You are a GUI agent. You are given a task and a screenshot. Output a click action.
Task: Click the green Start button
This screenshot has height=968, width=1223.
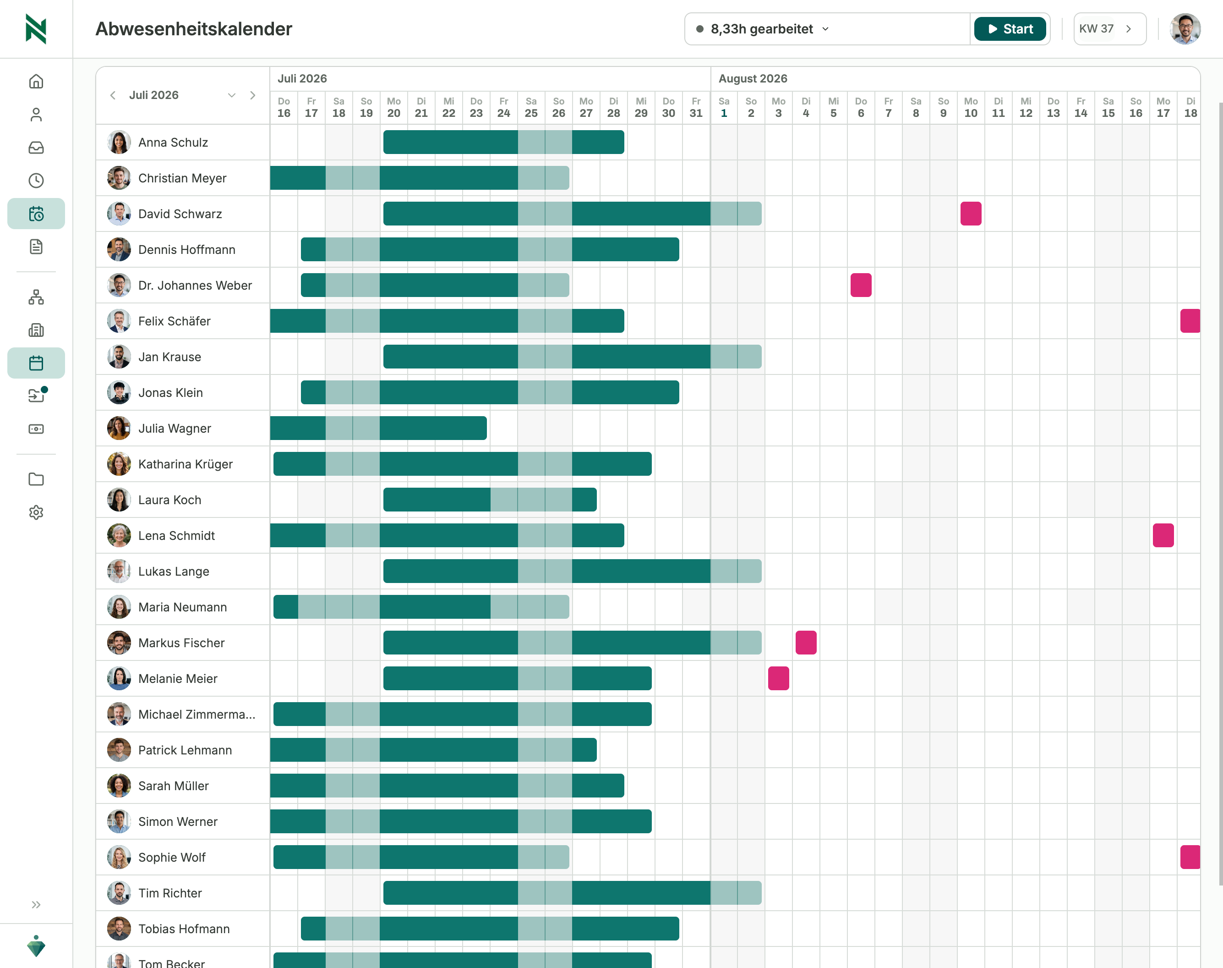point(1010,29)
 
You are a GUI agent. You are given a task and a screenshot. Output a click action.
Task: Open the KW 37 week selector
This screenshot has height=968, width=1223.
point(1109,29)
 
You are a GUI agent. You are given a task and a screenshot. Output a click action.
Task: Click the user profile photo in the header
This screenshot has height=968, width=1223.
point(1185,29)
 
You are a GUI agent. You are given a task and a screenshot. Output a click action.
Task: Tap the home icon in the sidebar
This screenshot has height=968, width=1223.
point(36,82)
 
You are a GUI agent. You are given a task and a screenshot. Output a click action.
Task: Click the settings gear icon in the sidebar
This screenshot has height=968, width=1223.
point(36,512)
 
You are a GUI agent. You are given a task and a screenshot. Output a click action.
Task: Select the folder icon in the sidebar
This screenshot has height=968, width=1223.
point(36,479)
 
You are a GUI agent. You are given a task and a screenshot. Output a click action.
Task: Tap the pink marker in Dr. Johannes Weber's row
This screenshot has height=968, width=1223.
point(861,285)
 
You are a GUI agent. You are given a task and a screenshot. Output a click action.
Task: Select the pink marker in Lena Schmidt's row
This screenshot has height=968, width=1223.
point(1163,536)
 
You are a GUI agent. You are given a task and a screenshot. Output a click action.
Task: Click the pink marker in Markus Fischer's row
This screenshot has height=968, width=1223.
point(806,643)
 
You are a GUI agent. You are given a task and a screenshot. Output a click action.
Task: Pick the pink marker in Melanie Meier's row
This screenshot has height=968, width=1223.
point(778,678)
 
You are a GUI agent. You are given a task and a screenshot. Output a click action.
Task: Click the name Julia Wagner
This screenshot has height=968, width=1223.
point(175,429)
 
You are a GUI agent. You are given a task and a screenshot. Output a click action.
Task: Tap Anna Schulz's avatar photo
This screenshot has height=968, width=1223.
point(119,142)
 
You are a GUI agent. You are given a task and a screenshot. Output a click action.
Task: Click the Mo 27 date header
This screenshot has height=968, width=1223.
point(586,108)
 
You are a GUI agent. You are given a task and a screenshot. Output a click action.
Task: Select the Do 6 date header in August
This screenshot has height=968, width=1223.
point(861,108)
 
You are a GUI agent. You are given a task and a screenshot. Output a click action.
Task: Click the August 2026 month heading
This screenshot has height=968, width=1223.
point(753,79)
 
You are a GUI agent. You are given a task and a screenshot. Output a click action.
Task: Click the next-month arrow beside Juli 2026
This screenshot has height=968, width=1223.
point(253,95)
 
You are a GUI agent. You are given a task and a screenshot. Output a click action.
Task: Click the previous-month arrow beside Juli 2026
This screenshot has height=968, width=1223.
point(113,95)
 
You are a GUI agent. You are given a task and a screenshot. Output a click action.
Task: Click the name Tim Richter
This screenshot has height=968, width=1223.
point(170,893)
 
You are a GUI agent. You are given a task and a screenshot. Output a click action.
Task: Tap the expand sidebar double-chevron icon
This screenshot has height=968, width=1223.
point(36,905)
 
